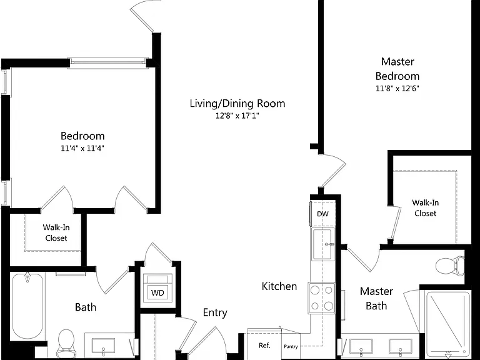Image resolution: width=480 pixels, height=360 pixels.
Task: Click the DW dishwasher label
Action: point(322,214)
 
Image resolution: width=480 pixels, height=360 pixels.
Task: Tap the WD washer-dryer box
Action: point(157,288)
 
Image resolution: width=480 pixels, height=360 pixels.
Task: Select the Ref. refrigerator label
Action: point(264,346)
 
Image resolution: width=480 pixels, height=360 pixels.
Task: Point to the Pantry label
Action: point(291,346)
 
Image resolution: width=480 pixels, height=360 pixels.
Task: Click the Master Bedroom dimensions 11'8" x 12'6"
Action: point(397,89)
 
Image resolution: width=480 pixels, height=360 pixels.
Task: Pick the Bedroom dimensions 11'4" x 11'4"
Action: point(82,149)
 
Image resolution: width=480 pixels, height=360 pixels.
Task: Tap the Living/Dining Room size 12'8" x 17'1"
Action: point(237,116)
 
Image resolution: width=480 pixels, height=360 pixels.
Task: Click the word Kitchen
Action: point(279,286)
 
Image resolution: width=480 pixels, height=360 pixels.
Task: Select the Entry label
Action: point(215,313)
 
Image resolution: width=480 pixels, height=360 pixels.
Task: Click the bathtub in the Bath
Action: point(27,306)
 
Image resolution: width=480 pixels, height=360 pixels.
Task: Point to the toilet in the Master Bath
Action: point(449,266)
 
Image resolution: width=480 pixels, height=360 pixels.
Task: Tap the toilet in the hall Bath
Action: point(66,344)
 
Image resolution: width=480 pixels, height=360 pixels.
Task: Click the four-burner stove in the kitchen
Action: point(322,297)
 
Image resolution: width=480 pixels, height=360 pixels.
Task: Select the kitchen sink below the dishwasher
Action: point(323,244)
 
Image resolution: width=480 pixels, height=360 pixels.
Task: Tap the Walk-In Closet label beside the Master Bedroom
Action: point(425,208)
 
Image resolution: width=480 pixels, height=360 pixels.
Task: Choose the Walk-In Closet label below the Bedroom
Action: point(56,232)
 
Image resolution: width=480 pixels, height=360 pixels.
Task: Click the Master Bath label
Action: point(376,299)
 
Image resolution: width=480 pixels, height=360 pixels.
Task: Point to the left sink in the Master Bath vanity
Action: point(361,346)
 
